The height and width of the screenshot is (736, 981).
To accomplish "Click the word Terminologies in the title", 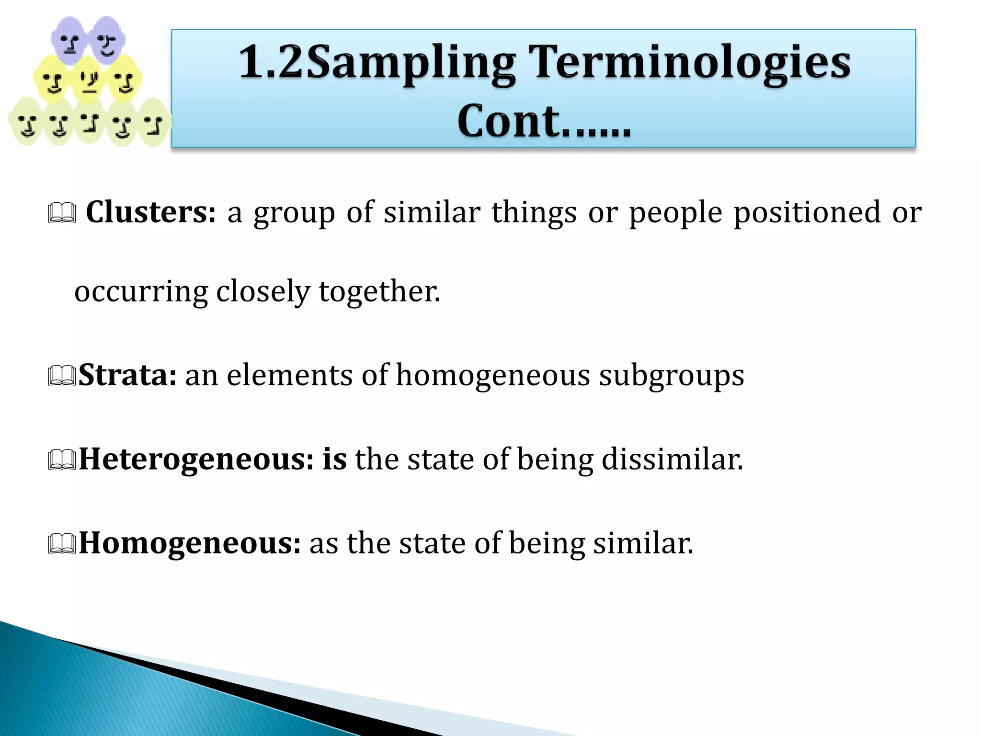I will point(692,62).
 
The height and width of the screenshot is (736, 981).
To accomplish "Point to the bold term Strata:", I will point(127,375).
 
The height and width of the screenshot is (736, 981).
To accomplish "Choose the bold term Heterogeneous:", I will point(196,459).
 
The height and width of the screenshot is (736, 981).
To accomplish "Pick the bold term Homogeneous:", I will point(190,543).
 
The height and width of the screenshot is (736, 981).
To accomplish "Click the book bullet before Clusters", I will point(62,214).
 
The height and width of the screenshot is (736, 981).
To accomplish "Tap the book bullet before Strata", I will point(62,377).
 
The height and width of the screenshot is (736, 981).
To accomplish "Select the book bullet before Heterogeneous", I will point(62,460).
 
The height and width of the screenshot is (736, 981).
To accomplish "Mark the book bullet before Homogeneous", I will point(62,545).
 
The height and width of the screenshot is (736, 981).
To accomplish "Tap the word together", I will point(379,291).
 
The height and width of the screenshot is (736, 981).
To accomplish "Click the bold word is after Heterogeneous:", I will point(334,459).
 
